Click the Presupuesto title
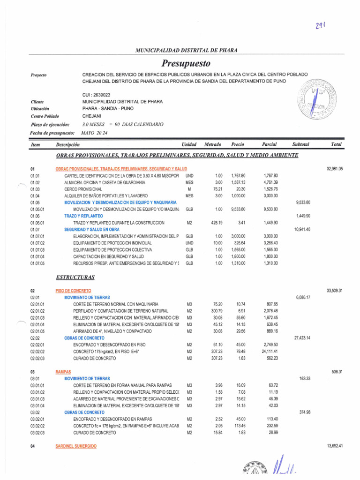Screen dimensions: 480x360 tap(186, 63)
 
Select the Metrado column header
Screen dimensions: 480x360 tap(213, 145)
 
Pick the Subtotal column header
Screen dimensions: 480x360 tap(300, 145)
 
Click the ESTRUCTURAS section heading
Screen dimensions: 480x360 tap(75, 277)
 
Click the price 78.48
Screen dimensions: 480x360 tap(240, 352)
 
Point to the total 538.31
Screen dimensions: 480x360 tap(336, 372)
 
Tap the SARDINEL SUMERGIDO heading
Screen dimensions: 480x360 tap(76, 447)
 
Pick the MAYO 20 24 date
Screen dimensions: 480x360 tap(94, 133)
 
